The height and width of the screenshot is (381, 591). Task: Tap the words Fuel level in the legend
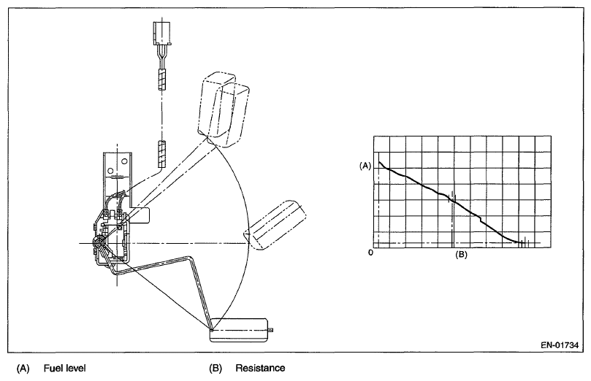point(64,369)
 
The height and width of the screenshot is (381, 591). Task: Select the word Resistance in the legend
point(260,369)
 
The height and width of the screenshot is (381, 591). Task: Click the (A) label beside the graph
point(366,166)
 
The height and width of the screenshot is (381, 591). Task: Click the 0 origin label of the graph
point(371,253)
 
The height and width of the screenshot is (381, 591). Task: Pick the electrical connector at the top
point(163,34)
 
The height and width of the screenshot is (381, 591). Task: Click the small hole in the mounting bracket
point(112,172)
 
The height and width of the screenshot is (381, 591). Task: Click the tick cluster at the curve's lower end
point(523,242)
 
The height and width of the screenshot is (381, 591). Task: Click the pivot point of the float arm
point(97,242)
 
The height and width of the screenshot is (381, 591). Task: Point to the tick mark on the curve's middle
point(454,198)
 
